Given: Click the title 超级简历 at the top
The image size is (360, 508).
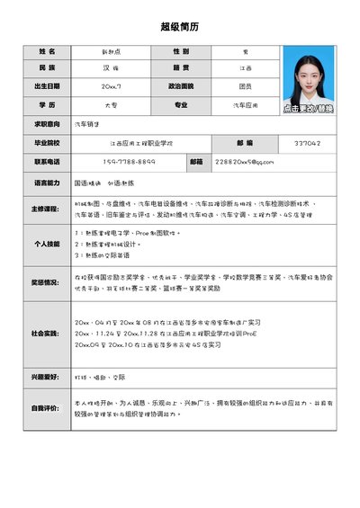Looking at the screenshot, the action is point(179,28).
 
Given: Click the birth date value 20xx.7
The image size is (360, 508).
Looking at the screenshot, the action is point(112,86).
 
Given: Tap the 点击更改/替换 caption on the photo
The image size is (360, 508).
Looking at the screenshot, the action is point(308,109).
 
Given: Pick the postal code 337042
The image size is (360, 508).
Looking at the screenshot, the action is point(307,143).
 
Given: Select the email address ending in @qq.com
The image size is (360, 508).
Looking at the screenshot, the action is point(244,162).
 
